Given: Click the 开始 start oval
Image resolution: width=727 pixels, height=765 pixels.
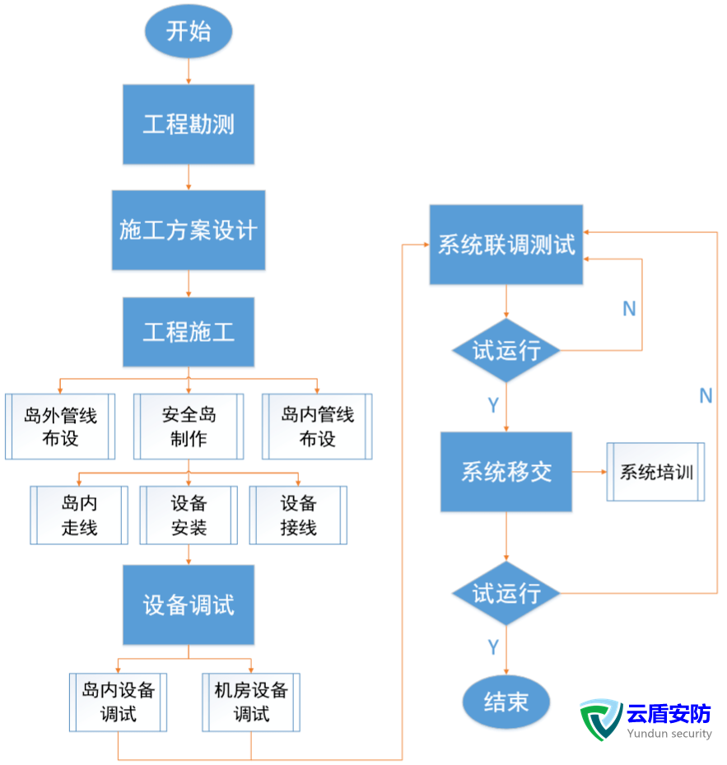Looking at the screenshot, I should coord(189,31).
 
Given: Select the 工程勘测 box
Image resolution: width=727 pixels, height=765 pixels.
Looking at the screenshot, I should coord(189,124).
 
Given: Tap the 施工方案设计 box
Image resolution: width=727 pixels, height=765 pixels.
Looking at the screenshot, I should coord(189,230).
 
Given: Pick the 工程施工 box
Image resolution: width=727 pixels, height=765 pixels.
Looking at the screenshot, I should coord(189,332).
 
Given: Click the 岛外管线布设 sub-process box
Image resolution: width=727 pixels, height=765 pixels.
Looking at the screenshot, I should coord(60,427).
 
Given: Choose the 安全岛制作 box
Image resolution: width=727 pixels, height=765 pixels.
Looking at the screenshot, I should coord(189,427).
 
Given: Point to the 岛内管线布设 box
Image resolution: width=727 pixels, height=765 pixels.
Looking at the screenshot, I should coord(317,427).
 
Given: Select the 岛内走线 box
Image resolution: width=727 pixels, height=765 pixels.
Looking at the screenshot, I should coord(79,515).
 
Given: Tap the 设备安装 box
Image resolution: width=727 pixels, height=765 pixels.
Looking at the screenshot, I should coord(189,515).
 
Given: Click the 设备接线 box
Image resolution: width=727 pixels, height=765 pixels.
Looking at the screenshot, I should coord(298,515).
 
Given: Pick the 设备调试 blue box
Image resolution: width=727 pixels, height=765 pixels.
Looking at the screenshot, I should coord(189,605).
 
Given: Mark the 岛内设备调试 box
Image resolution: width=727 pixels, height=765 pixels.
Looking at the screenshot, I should coord(118,702).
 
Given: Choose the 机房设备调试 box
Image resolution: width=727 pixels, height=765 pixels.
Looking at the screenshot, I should coord(251,702).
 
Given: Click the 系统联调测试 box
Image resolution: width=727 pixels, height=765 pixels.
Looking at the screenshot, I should coord(506,245).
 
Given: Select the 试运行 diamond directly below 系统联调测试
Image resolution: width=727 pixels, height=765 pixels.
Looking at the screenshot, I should coord(506,351).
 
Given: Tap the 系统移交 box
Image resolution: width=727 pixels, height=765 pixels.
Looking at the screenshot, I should coord(506,472).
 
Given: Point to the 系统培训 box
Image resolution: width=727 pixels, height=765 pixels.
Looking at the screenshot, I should coord(655,472).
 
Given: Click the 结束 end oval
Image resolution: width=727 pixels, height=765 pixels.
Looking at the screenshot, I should coord(506,702).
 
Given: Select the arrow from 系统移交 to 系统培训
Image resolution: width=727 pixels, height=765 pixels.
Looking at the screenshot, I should coord(589,472).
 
